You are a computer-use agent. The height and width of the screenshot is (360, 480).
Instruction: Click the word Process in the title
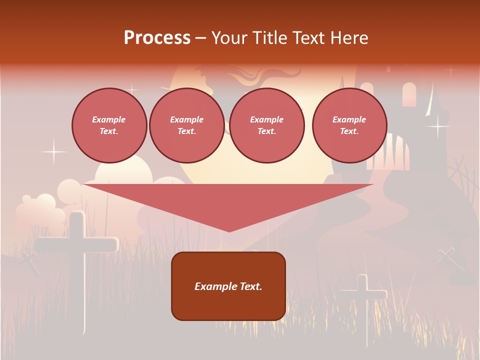click(x=157, y=38)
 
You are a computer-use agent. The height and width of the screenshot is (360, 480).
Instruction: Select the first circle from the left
click(x=109, y=125)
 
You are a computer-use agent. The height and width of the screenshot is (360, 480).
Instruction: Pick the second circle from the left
click(x=186, y=125)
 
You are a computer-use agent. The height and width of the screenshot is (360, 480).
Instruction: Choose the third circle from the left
click(x=266, y=125)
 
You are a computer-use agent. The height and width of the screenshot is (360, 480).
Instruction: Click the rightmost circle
click(x=349, y=125)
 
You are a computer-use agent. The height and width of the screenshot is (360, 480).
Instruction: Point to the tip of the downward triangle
click(x=229, y=230)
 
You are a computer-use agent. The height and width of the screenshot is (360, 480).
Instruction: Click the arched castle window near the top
click(x=409, y=94)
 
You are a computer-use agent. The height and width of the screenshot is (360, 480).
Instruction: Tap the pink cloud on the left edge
click(x=37, y=210)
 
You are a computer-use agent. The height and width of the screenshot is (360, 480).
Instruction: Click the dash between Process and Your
click(x=201, y=38)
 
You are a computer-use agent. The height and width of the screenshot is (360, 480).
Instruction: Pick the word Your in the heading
click(x=230, y=38)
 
